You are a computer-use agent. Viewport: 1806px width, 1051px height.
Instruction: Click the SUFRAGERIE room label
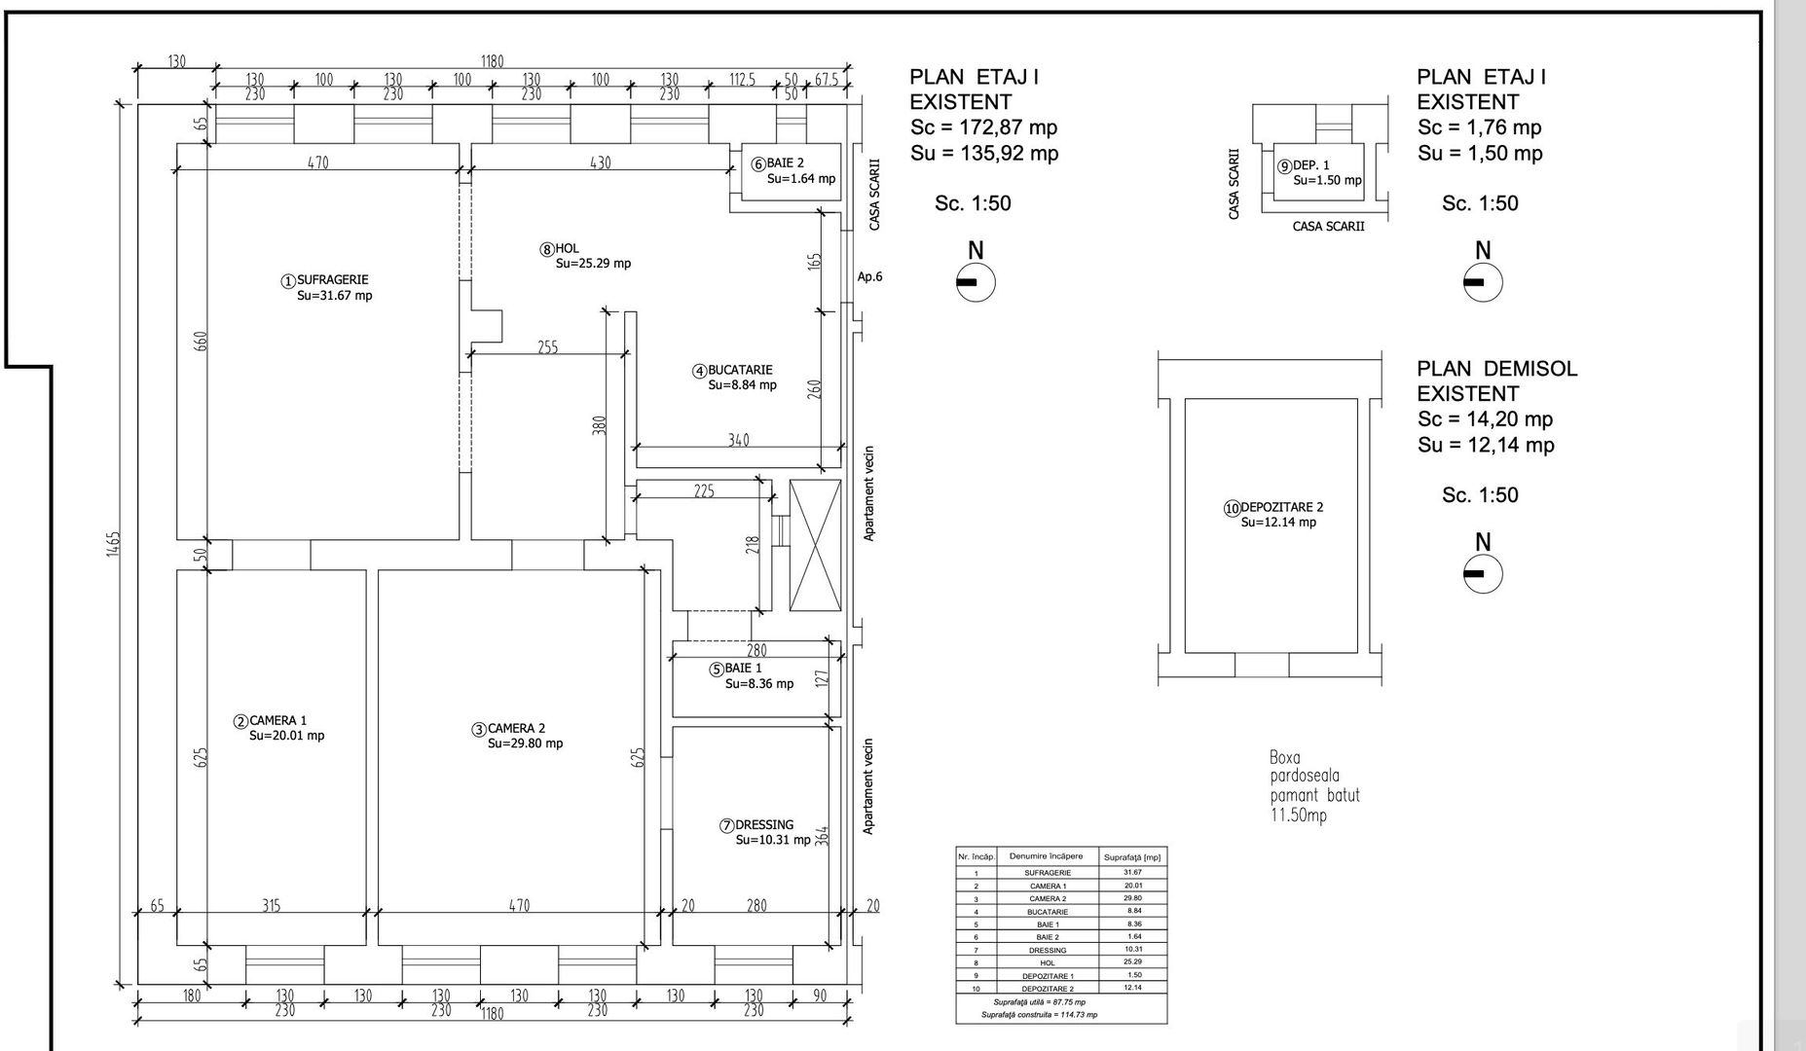click(x=332, y=280)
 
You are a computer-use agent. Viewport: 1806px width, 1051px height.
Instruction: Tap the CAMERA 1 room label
click(x=277, y=721)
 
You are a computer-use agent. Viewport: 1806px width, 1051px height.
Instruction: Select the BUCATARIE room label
click(x=739, y=371)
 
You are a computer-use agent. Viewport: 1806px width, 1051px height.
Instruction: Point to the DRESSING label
click(x=763, y=825)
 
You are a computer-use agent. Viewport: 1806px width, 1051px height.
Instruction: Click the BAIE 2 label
click(x=785, y=163)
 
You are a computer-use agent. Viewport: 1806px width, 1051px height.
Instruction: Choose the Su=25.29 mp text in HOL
click(x=593, y=264)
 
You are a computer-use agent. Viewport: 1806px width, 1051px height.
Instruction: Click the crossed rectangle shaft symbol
click(x=815, y=545)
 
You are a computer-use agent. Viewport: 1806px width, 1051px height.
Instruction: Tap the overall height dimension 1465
click(x=113, y=545)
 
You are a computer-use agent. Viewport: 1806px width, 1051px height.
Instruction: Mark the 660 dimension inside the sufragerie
click(x=202, y=342)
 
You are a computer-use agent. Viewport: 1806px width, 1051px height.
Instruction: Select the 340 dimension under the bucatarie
click(x=739, y=441)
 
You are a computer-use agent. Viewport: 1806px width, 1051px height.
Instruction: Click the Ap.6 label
click(x=869, y=276)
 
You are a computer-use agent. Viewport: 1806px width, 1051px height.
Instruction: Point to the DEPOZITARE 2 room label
click(x=1281, y=507)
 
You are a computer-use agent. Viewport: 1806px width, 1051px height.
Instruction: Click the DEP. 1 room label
click(x=1310, y=165)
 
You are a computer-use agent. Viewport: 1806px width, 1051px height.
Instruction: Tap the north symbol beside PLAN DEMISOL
click(x=1483, y=574)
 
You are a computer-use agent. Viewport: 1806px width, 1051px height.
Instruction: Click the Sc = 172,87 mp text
click(x=983, y=127)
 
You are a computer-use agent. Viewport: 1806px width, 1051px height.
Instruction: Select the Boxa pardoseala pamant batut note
click(x=1313, y=786)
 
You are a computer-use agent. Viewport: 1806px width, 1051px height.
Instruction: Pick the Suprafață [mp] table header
click(x=1131, y=857)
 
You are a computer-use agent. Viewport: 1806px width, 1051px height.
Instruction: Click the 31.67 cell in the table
click(x=1132, y=873)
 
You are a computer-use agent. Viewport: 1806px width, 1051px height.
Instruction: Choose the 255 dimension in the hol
click(x=548, y=347)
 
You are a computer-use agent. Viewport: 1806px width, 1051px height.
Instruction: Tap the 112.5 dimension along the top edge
click(x=743, y=80)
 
